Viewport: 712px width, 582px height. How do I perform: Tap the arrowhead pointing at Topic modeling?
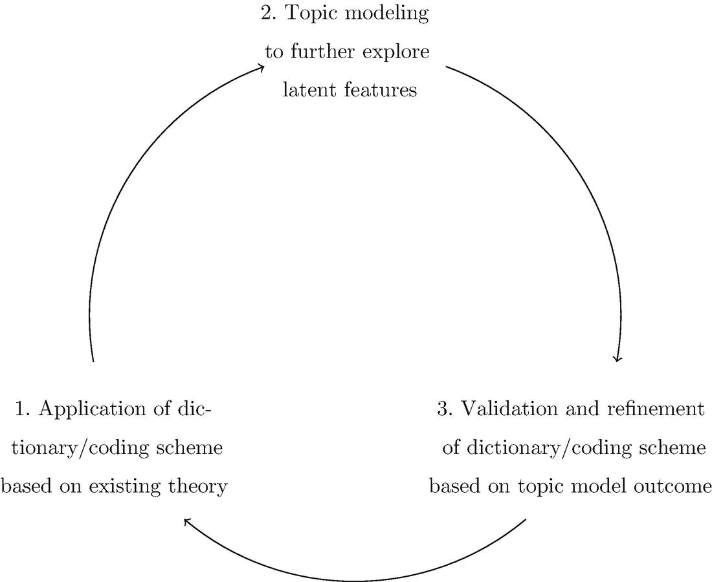click(x=261, y=67)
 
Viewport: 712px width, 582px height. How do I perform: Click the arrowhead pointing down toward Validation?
click(x=618, y=359)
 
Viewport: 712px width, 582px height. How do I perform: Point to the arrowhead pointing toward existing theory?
click(x=186, y=521)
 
